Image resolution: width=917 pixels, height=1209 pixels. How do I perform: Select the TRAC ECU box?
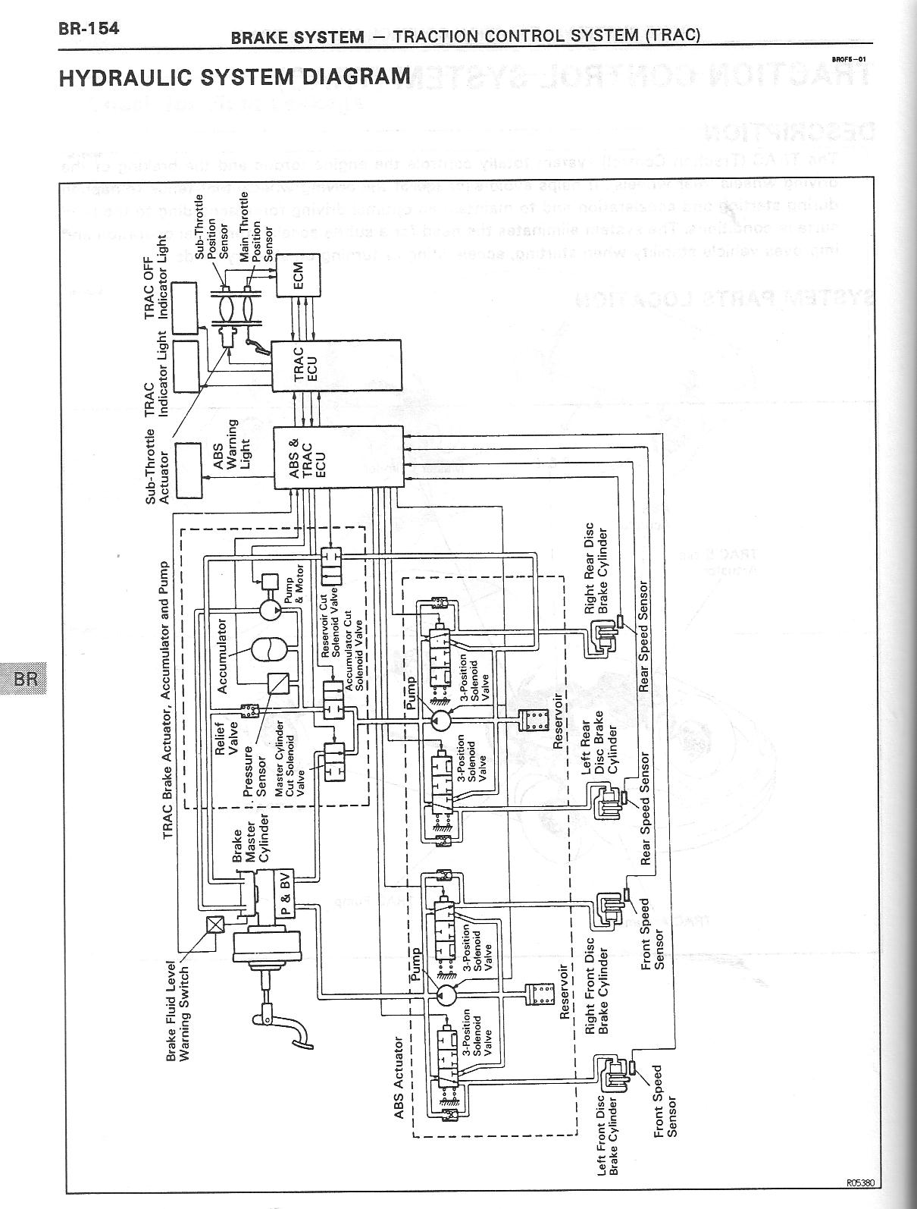[336, 365]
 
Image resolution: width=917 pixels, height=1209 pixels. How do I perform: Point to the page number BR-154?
[89, 30]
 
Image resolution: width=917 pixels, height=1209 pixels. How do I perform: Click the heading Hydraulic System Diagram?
[235, 77]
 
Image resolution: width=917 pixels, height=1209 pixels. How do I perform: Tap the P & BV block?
[277, 890]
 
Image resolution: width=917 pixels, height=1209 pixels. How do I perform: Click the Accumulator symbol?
[267, 652]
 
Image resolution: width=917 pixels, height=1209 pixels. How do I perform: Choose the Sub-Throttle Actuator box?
[190, 469]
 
